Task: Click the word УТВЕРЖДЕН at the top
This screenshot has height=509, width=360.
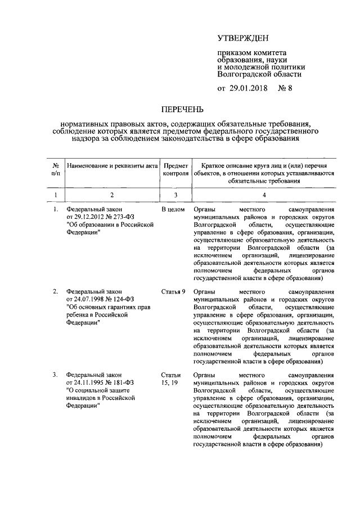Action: pyautogui.click(x=243, y=38)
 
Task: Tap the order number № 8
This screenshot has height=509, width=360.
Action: pyautogui.click(x=286, y=89)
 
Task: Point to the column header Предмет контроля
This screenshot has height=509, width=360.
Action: pyautogui.click(x=175, y=169)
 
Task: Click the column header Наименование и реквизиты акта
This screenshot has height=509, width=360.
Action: pyautogui.click(x=112, y=166)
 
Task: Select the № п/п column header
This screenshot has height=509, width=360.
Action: pyautogui.click(x=56, y=169)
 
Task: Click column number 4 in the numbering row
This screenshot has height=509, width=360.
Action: pyautogui.click(x=264, y=195)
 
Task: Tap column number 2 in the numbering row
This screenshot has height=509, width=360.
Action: pyautogui.click(x=112, y=195)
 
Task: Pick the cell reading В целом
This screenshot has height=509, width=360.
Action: pyautogui.click(x=173, y=210)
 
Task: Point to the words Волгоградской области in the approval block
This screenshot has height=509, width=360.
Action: pyautogui.click(x=259, y=73)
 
